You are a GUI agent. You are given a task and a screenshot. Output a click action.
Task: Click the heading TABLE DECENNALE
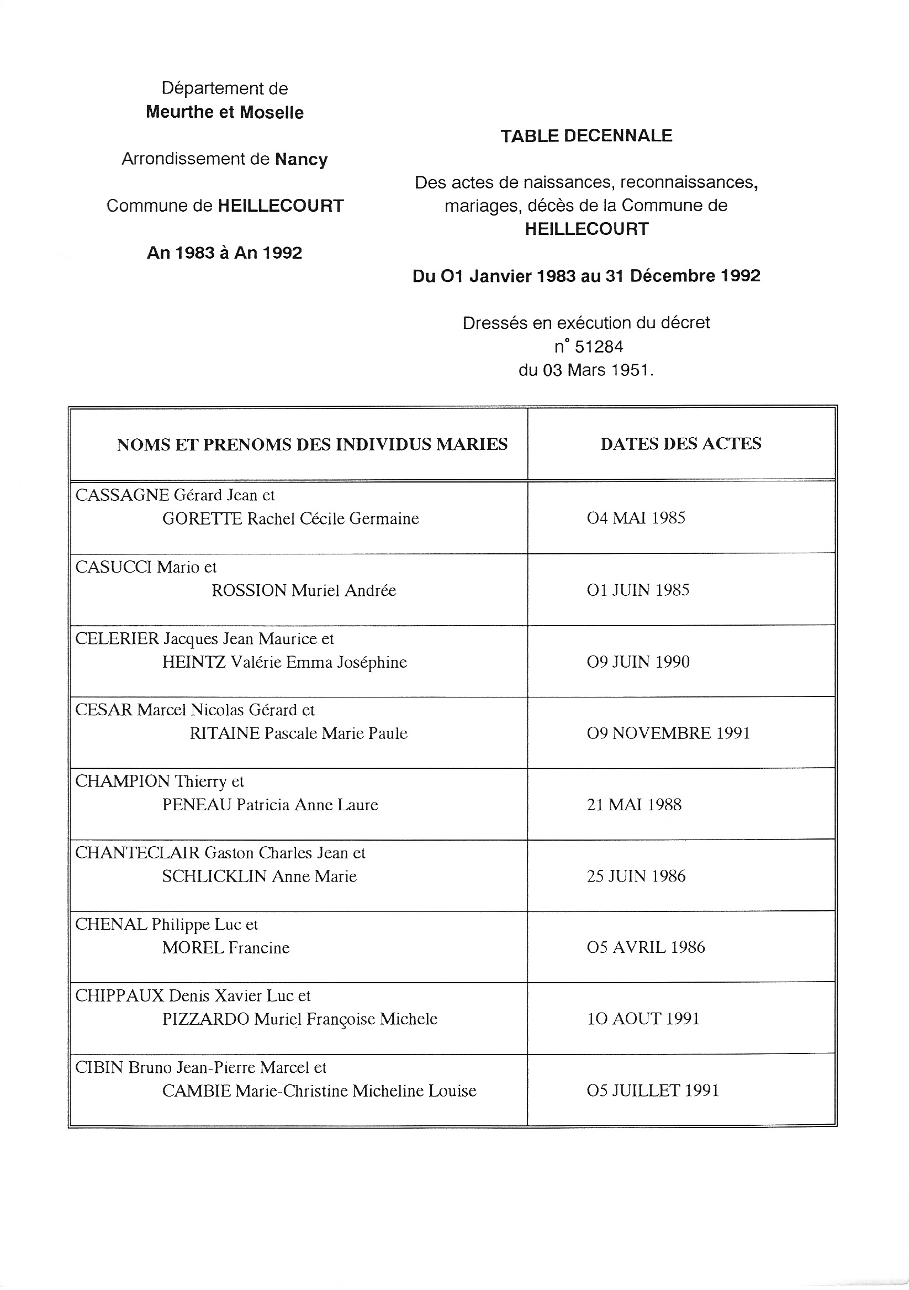pyautogui.click(x=586, y=136)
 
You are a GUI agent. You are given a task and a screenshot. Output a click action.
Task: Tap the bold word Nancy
pyautogui.click(x=301, y=160)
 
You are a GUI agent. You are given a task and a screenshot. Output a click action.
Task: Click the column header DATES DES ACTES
pyautogui.click(x=680, y=444)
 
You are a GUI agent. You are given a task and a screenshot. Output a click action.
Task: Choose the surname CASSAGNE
pyautogui.click(x=122, y=495)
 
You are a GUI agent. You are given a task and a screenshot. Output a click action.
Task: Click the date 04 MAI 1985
pyautogui.click(x=636, y=517)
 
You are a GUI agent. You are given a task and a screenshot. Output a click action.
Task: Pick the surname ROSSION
pyautogui.click(x=249, y=590)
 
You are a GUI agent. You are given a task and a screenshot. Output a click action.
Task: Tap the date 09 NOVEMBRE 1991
pyautogui.click(x=668, y=733)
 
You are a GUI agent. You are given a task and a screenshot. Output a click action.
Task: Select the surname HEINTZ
pyautogui.click(x=194, y=663)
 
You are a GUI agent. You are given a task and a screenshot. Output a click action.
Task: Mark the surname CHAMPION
pyautogui.click(x=123, y=782)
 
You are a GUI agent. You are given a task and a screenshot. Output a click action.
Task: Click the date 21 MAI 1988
pyautogui.click(x=634, y=805)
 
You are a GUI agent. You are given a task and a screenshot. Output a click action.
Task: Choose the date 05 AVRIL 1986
pyautogui.click(x=646, y=947)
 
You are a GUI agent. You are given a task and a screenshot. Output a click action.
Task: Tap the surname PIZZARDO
pyautogui.click(x=205, y=1019)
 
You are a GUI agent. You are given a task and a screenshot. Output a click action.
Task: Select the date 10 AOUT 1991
pyautogui.click(x=643, y=1019)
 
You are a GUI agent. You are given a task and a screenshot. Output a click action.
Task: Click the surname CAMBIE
pyautogui.click(x=197, y=1091)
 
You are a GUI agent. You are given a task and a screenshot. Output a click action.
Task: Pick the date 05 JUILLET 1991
pyautogui.click(x=652, y=1090)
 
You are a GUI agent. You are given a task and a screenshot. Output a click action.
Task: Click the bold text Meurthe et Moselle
pyautogui.click(x=225, y=112)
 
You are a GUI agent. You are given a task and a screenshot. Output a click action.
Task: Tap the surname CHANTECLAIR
pyautogui.click(x=138, y=853)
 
